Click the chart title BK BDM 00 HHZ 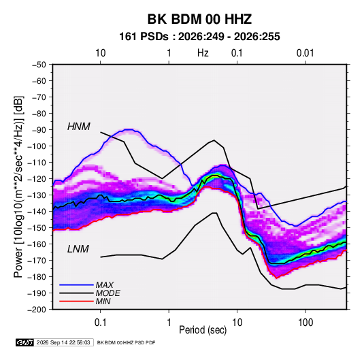199,19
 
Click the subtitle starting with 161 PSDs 199,37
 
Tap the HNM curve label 79,127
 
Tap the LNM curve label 78,249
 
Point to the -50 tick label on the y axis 39,65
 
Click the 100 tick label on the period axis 305,323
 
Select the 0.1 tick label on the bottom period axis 100,323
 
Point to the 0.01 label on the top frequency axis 305,53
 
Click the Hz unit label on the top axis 203,53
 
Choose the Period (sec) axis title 203,330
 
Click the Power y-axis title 18,187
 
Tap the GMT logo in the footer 25,342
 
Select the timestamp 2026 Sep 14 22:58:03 63,342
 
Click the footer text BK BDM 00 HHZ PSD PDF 126,342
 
